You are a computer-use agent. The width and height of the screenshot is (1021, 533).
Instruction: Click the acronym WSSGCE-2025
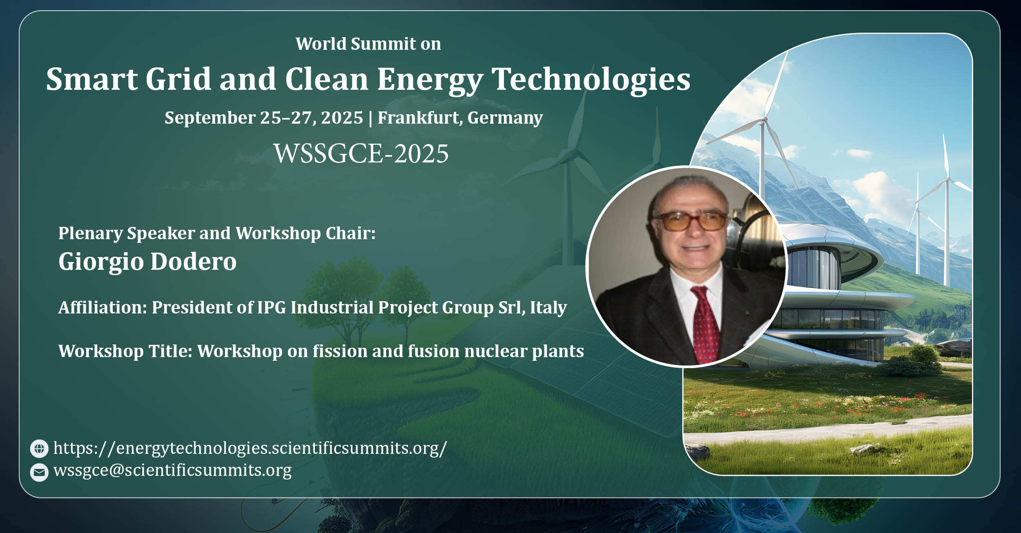361,154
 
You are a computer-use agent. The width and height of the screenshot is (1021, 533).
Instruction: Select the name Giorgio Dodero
147,261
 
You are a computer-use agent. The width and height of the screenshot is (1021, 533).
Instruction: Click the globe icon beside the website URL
39,449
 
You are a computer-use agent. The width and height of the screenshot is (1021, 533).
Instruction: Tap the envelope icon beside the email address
39,473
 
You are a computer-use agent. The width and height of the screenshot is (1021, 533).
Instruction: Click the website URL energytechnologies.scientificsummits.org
250,449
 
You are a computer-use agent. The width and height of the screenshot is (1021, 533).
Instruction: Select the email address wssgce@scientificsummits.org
172,471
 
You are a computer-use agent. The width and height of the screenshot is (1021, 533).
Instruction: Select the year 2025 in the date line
342,118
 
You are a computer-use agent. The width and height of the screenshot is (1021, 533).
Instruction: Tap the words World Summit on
368,44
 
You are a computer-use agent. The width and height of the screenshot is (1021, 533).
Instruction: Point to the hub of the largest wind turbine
763,120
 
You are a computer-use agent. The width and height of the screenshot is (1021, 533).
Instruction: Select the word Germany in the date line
505,118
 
